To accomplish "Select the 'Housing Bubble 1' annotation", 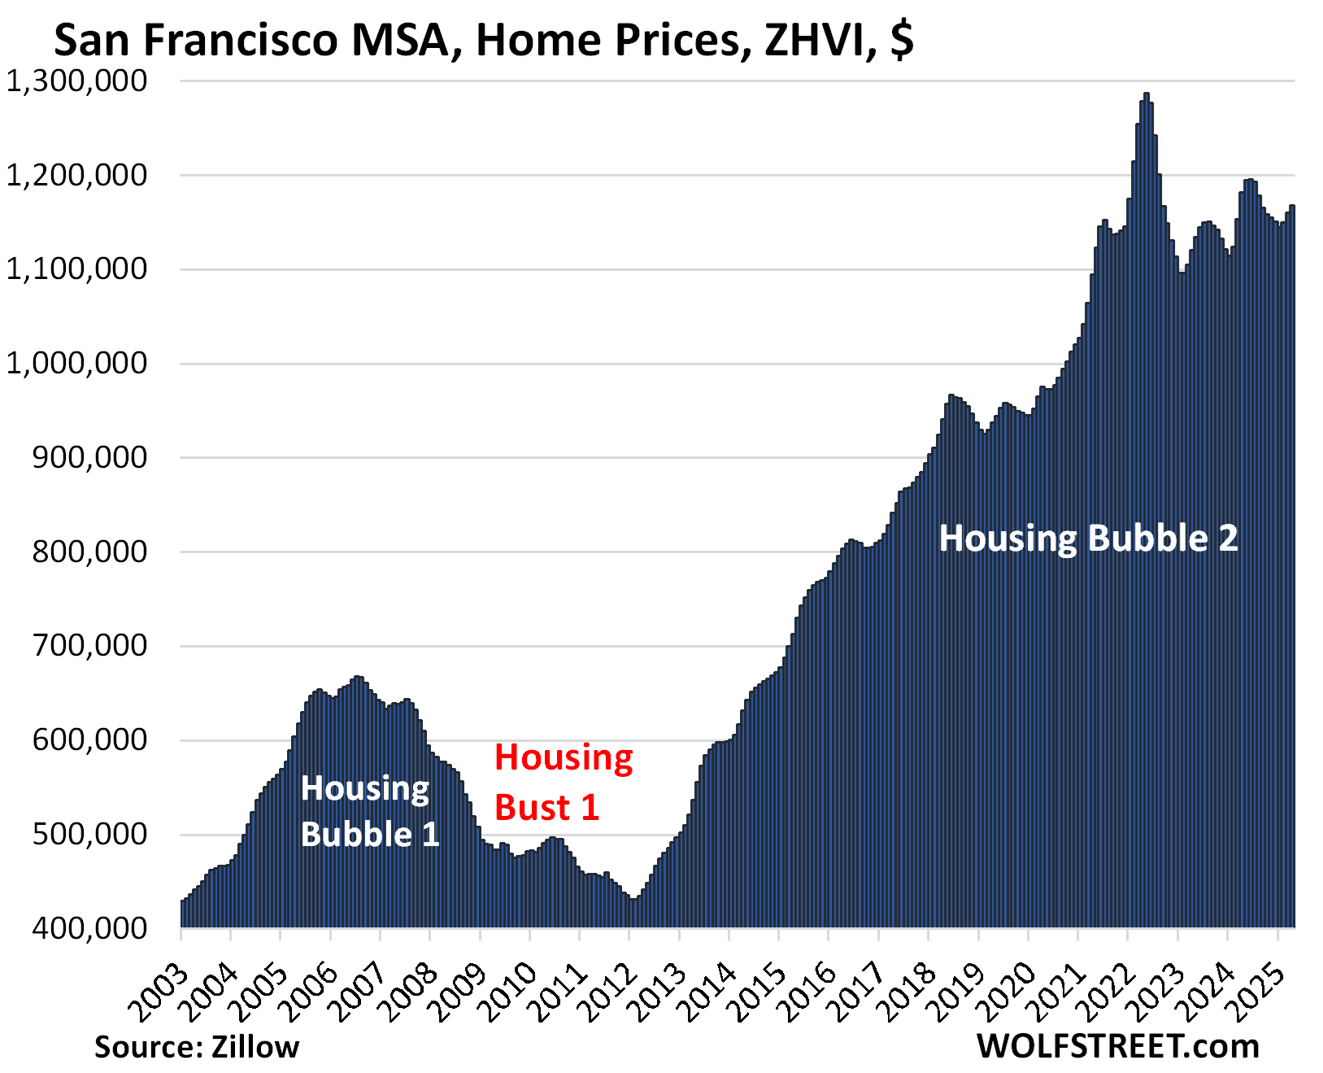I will coord(369,811).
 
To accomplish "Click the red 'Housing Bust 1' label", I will coord(563,782).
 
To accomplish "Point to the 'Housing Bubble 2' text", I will coord(1088,538).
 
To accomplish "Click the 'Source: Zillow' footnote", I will coord(197,1046).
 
